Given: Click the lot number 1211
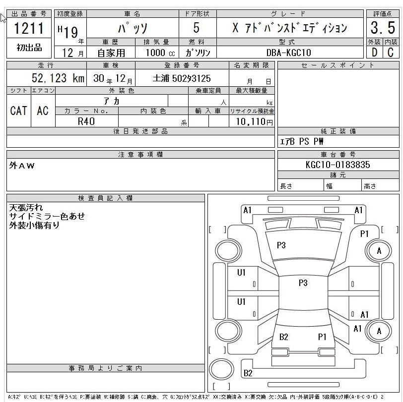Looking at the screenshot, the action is tap(29, 28).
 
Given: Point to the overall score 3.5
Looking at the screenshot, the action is tap(383, 28).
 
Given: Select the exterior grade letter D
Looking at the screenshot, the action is tap(375, 53).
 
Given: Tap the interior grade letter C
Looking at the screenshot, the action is tap(391, 53).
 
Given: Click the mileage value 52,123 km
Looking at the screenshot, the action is tap(58, 78).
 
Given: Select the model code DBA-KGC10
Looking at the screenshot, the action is tap(289, 53).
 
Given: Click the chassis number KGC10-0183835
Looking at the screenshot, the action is tap(337, 165).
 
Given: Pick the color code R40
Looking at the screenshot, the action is tap(86, 121).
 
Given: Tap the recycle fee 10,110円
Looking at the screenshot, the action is tap(255, 121).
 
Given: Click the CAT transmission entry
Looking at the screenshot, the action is tap(18, 111).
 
